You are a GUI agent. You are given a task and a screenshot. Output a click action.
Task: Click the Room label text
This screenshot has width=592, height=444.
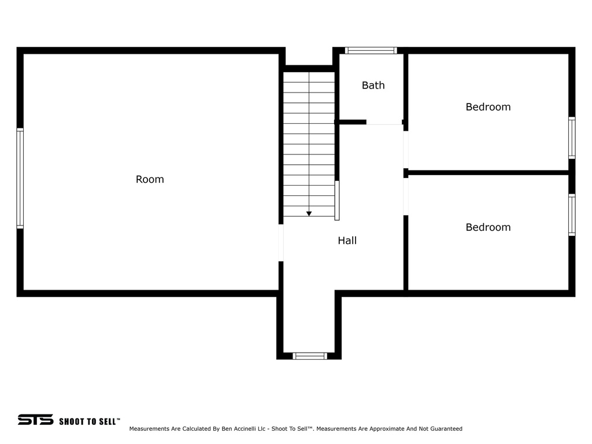coord(150,179)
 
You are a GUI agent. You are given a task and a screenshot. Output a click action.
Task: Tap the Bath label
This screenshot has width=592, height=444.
coord(373,86)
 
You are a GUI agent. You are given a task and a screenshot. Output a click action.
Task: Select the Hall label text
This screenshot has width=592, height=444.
coord(347,240)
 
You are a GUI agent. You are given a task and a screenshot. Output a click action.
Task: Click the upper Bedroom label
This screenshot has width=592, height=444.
coord(488,107)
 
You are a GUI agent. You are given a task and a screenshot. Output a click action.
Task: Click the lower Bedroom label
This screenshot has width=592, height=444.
coord(488,227)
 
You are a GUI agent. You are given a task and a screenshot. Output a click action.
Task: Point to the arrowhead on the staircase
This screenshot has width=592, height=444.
coord(309,214)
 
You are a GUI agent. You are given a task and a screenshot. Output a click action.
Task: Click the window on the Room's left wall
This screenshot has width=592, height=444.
coord(20,178)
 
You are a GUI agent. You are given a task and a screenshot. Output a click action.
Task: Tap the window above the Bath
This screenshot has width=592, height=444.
coord(371,50)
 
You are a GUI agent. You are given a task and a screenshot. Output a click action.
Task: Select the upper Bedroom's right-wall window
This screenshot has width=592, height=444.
coord(572,138)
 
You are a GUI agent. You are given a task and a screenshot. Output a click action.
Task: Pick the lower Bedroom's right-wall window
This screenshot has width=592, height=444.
coord(572,215)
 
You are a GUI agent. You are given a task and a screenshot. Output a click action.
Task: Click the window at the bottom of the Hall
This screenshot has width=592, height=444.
coord(310,356)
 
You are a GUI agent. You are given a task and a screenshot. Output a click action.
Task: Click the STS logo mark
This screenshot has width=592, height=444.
coord(35,420)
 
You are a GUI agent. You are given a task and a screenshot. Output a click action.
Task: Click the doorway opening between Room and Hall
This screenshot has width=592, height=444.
coord(281,243)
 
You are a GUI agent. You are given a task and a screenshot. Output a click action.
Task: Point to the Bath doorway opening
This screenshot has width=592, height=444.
coord(384,123)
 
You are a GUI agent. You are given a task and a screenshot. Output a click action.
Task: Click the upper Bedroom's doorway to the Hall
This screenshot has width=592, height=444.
coord(406,149)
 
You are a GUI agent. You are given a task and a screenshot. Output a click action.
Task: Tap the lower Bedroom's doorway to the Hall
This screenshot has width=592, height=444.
coord(406,197)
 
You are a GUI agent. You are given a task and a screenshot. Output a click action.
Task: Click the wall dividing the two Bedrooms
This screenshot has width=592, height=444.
coord(489,172)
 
